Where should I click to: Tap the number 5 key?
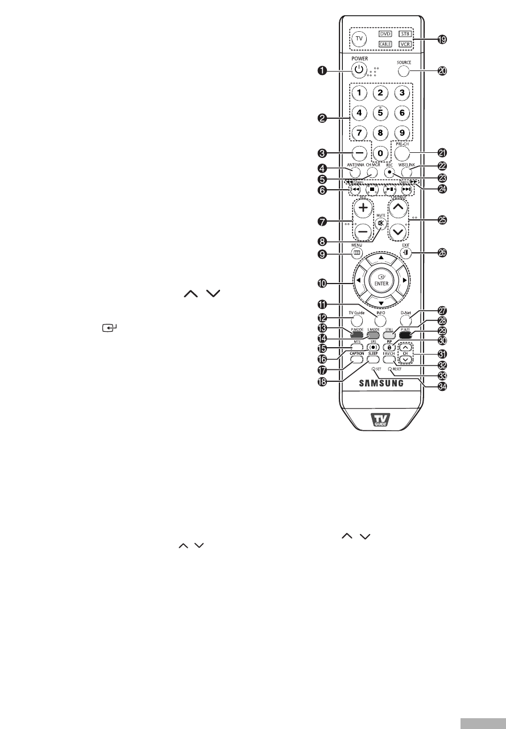coord(380,113)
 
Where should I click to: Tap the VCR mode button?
coord(404,43)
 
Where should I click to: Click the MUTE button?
coord(380,223)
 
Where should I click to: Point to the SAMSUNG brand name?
coord(381,382)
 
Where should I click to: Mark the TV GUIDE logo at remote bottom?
coord(380,422)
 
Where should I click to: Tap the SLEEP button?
coord(373,359)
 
